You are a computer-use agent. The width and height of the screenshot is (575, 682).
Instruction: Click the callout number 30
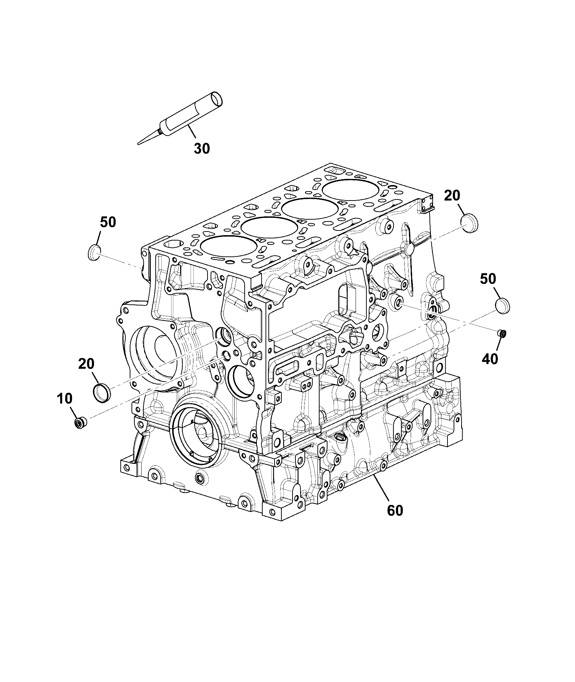coord(202,148)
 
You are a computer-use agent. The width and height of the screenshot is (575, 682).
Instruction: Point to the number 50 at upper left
coord(108,222)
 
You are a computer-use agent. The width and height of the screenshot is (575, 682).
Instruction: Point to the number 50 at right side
coord(488,278)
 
